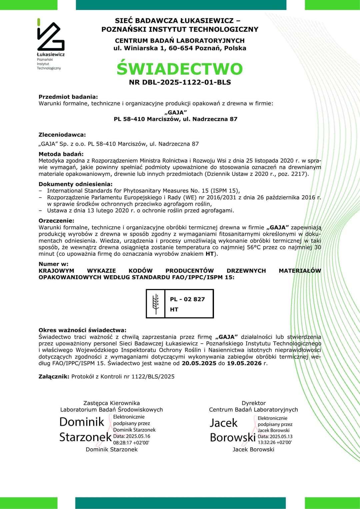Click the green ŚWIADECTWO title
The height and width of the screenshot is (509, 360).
[x=180, y=69]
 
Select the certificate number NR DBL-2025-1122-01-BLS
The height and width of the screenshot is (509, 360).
[x=180, y=82]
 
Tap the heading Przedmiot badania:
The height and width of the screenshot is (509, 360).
[x=68, y=97]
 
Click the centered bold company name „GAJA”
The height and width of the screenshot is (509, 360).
[x=176, y=113]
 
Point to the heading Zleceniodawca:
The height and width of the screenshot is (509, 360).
[x=62, y=135]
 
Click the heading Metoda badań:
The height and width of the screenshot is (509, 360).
[x=61, y=154]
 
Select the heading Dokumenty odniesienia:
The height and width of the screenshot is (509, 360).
[x=76, y=184]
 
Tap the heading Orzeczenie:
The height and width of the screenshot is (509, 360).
[x=56, y=221]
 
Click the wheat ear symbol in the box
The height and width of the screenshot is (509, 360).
[x=156, y=304]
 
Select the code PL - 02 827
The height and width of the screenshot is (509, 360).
[x=187, y=299]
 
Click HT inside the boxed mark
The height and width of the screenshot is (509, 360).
[x=174, y=310]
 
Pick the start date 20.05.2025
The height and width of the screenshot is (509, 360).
[x=199, y=363]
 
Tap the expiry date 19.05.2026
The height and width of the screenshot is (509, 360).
[x=244, y=363]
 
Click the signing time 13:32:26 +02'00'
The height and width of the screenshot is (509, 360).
[x=275, y=443]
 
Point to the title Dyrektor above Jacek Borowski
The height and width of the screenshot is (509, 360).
[x=254, y=403]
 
